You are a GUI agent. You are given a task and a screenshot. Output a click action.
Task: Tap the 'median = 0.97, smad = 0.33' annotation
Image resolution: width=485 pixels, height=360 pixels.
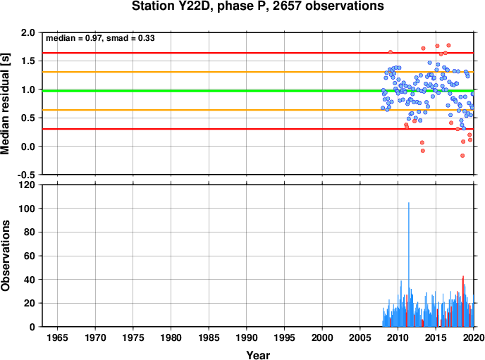click(x=100, y=38)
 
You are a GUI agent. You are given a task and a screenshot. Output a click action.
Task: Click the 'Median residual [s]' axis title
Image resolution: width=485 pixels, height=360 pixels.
click(x=5, y=104)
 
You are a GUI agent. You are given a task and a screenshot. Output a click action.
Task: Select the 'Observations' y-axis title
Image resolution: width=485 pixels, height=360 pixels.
click(x=5, y=256)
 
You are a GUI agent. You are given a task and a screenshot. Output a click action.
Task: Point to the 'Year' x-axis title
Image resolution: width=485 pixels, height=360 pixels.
click(x=258, y=355)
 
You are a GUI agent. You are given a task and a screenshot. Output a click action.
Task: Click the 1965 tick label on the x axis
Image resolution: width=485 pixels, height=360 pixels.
click(x=57, y=337)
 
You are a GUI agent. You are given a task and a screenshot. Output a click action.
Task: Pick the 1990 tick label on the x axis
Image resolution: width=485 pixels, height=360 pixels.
click(x=247, y=337)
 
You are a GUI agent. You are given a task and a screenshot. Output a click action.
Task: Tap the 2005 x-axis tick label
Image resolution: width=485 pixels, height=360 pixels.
click(x=360, y=337)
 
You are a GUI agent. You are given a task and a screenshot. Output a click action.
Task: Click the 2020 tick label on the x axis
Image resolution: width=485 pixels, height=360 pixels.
click(x=474, y=337)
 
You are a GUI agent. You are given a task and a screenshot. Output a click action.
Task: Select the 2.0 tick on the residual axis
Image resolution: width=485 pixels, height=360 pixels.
click(x=28, y=32)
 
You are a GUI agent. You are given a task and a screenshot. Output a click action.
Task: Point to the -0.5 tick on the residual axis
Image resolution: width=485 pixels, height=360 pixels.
click(x=26, y=175)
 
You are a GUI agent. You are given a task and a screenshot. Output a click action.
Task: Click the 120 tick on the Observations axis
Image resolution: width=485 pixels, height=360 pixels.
click(x=27, y=185)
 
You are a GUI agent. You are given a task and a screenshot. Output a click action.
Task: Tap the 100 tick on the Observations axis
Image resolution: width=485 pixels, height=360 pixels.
click(x=27, y=209)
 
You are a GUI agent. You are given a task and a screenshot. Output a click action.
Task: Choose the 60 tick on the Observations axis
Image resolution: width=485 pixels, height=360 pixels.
click(x=30, y=256)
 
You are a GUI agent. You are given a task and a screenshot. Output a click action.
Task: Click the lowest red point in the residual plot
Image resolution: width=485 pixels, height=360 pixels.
click(x=462, y=156)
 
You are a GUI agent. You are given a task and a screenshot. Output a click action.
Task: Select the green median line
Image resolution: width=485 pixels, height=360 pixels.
click(x=258, y=91)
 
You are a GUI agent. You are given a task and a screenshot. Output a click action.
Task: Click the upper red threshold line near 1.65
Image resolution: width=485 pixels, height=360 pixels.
click(x=258, y=53)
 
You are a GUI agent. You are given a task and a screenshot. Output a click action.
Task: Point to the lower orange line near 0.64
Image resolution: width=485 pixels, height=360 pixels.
click(x=258, y=110)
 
